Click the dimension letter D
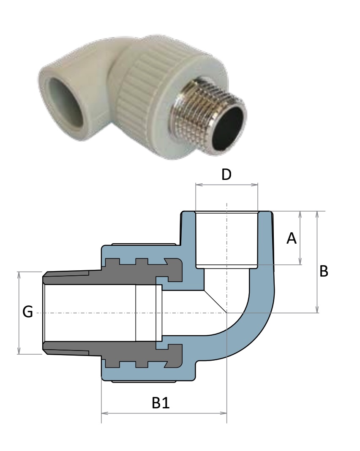226,174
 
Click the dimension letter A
291,239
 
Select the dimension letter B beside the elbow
324,271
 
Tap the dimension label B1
161,403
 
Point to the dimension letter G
27,312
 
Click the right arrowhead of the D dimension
254,185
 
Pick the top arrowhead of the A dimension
300,215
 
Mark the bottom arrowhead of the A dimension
300,261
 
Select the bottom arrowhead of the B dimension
317,309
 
